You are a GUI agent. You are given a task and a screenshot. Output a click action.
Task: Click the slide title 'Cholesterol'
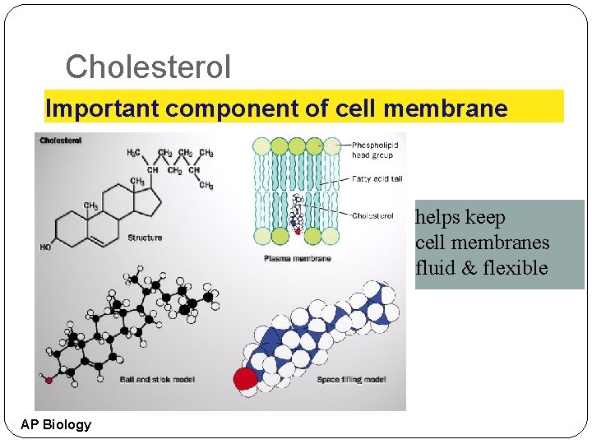pos(148,67)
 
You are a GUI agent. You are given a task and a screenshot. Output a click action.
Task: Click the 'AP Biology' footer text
pos(56,424)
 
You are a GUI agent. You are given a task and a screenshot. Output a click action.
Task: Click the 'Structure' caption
pos(145,238)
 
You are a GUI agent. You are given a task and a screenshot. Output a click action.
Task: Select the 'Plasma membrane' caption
pos(297,258)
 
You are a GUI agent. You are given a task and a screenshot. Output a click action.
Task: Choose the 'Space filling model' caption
pos(350,380)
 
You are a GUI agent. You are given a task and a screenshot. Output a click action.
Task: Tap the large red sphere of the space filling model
pos(246,379)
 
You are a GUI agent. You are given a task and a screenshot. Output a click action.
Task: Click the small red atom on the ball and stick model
pos(49,381)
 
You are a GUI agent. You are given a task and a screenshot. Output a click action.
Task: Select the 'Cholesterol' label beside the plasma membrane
pos(372,216)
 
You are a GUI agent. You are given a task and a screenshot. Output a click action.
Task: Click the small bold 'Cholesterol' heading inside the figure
pos(61,140)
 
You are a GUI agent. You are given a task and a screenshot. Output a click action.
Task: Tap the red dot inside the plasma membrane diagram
pos(297,233)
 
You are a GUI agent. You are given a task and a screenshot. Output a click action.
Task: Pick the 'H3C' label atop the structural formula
pos(133,153)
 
